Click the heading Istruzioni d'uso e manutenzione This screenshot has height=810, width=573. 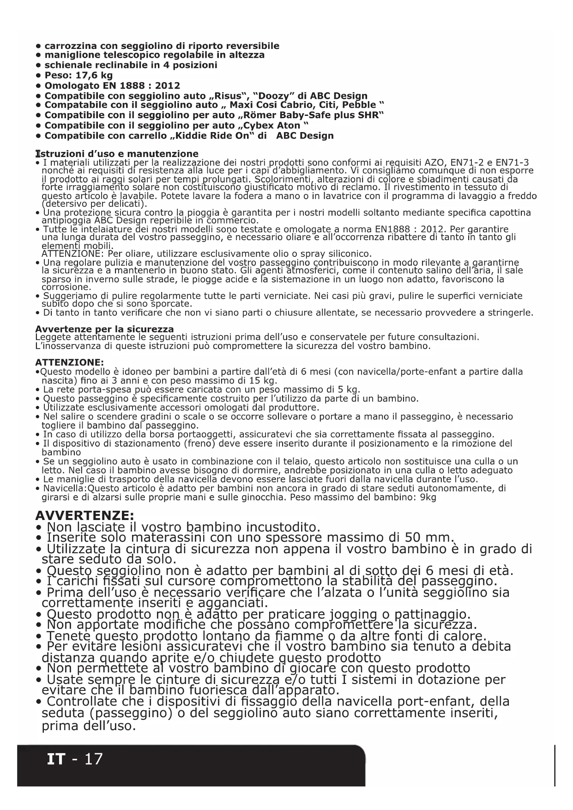tap(117, 154)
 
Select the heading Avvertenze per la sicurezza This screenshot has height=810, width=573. tap(104, 329)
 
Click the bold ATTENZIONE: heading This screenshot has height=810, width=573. tap(70, 362)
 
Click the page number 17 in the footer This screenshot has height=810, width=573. tap(94, 759)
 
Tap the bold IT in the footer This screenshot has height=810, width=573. tap(56, 759)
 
